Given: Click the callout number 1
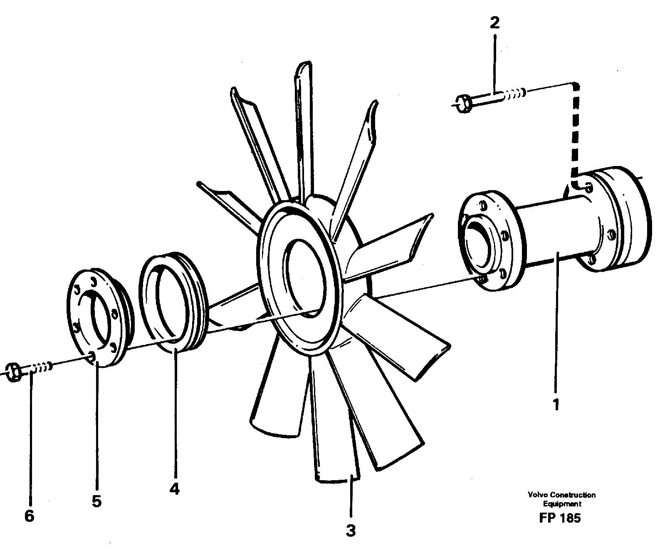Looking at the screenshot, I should (x=556, y=404).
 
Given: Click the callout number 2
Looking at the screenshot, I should (x=494, y=23).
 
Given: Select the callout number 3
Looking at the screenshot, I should (x=351, y=531).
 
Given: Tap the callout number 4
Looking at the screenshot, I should (x=175, y=489).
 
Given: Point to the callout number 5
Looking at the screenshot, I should (x=96, y=501).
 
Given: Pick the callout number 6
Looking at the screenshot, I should (x=29, y=516).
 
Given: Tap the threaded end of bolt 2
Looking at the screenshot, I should (x=516, y=94).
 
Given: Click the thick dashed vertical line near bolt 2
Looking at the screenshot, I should (x=575, y=133).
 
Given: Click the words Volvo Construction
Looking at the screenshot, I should (x=561, y=495).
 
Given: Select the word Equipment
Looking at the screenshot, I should (x=562, y=503).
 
